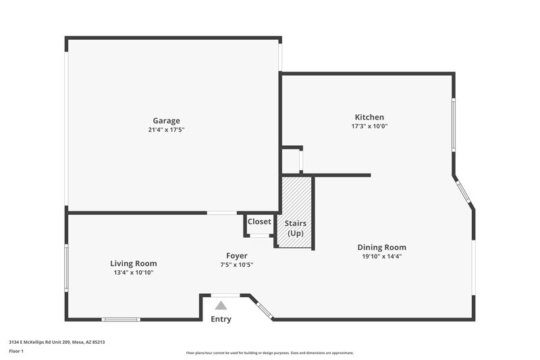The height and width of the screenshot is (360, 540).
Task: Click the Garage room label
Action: (x=166, y=121)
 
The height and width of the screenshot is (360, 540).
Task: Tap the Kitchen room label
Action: (x=369, y=117)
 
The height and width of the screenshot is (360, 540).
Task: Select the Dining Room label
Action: (x=381, y=247)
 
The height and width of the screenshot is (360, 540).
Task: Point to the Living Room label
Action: (x=134, y=263)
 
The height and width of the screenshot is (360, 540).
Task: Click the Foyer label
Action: (x=236, y=255)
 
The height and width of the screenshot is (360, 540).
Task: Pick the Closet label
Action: (x=259, y=222)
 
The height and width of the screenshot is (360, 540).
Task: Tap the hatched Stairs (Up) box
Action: (x=296, y=213)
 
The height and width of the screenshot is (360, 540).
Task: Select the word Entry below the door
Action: (x=221, y=319)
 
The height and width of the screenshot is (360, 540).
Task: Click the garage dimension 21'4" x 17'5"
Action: (x=166, y=130)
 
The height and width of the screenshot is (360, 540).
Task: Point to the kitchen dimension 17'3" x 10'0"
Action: (x=369, y=126)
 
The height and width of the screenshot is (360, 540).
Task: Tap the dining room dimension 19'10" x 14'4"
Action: (x=381, y=256)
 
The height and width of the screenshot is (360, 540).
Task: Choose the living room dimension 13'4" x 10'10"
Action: (x=134, y=272)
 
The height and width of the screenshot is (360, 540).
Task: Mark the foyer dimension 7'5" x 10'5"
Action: (x=236, y=264)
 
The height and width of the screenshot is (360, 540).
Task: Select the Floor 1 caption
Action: (x=16, y=351)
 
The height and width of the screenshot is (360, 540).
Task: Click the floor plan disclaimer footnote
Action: (x=269, y=353)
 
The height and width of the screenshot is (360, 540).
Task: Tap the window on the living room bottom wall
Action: (x=121, y=319)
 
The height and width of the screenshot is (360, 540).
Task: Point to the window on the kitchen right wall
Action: (x=454, y=124)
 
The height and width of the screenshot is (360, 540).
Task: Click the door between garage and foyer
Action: (x=221, y=213)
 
